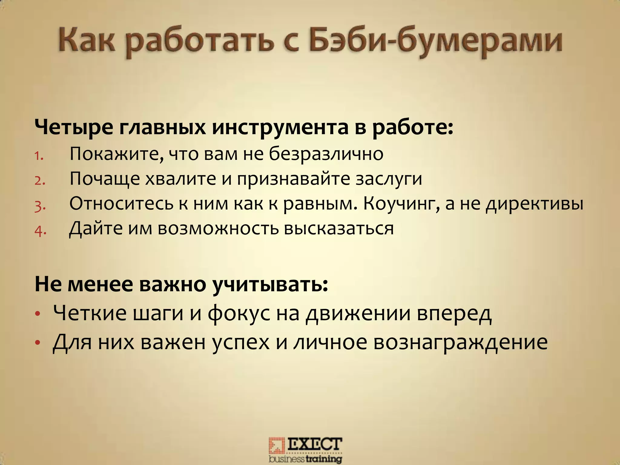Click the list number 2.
(x=40, y=181)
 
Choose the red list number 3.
(x=40, y=206)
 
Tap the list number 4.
(x=40, y=231)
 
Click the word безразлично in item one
(x=326, y=154)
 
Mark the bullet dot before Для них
(x=37, y=343)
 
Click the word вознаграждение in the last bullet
(x=460, y=342)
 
